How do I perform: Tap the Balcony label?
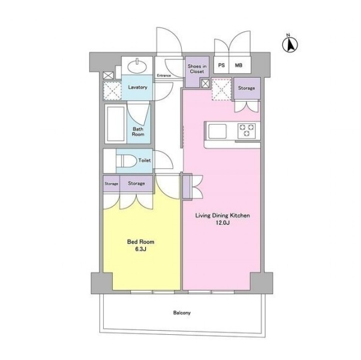coord(182,313)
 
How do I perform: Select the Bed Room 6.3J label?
coord(141,245)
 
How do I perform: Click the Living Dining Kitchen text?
coord(222,216)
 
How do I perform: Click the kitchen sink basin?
coord(217,131)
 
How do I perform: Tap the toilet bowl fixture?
coord(126,161)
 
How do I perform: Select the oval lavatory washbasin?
coord(137,66)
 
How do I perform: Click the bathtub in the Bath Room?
coord(116,124)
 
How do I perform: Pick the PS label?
coord(221,65)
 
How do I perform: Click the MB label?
coord(239,65)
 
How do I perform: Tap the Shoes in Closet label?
coord(197,69)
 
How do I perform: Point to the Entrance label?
coord(164,75)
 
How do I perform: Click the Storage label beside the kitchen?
coord(246,88)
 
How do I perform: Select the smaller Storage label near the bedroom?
coord(112,184)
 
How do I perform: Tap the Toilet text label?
coord(145,161)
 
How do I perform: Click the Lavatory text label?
coord(138,87)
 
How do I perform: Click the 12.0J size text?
coord(222,223)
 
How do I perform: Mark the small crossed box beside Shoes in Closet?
coord(205,83)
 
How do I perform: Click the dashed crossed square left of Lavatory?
coord(112,91)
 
